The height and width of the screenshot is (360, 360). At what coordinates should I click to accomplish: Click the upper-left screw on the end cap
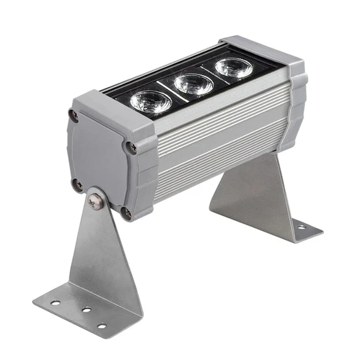pos(74,115)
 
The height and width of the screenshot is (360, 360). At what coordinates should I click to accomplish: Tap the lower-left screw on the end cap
pos(78,184)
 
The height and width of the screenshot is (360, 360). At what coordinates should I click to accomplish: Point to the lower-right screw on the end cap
pos(126,212)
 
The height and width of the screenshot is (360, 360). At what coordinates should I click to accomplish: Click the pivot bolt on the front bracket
pos(94,201)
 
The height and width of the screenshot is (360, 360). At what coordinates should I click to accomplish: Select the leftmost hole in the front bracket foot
pos(55,302)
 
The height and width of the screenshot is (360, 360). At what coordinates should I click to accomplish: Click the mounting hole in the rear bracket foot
pos(300,227)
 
